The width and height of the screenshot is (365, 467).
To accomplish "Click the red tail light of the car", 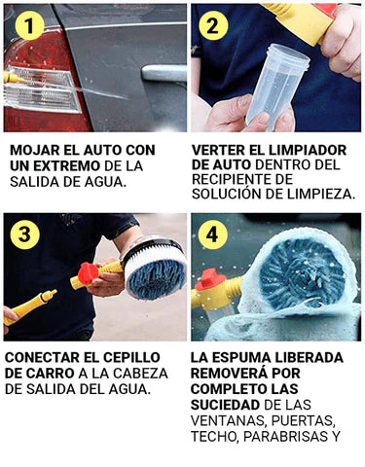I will (x=39, y=83).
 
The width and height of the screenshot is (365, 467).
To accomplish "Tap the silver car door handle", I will (x=161, y=72).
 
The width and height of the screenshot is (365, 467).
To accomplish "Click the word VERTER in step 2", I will (x=220, y=151).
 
